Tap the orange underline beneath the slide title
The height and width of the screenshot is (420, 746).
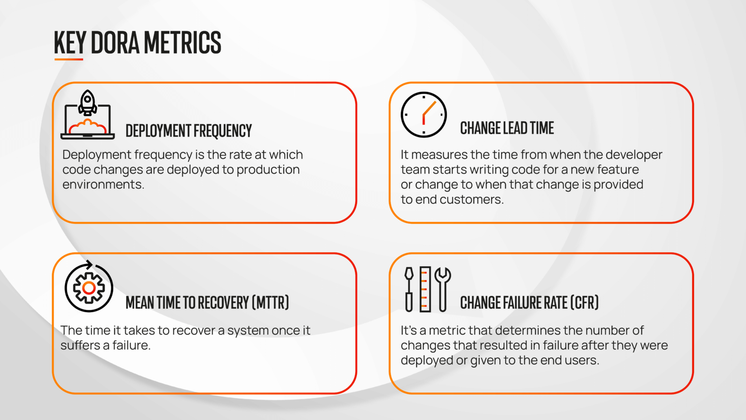pyautogui.click(x=68, y=59)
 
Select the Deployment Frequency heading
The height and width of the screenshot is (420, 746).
pyautogui.click(x=188, y=131)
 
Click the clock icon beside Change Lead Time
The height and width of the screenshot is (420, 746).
pyautogui.click(x=424, y=115)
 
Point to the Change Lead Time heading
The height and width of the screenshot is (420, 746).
pyautogui.click(x=507, y=128)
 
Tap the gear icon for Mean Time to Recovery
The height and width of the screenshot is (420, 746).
pyautogui.click(x=89, y=288)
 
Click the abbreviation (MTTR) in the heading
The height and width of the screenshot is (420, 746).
pyautogui.click(x=270, y=302)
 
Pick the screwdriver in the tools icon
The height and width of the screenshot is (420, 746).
pyautogui.click(x=409, y=289)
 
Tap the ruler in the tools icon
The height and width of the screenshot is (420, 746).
pyautogui.click(x=425, y=289)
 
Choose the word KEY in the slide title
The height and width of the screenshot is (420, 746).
pyautogui.click(x=69, y=42)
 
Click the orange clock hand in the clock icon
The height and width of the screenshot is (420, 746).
pyautogui.click(x=428, y=110)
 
